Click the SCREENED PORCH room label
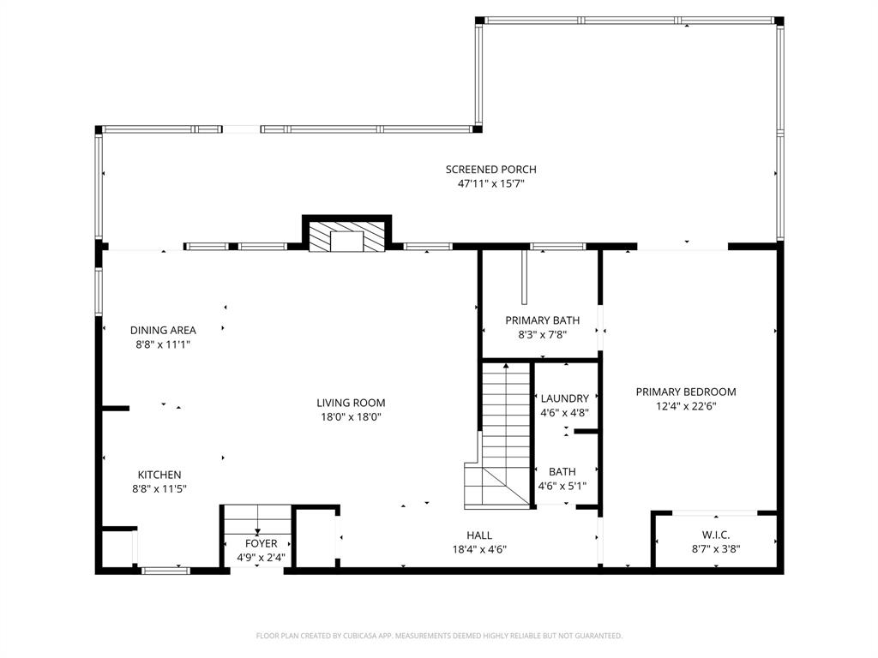[490, 170]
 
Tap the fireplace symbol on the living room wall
[346, 237]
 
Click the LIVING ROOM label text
[351, 403]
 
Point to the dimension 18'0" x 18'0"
[351, 417]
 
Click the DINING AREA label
[163, 330]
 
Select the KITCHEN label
[159, 475]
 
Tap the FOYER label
[261, 543]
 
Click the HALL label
[479, 535]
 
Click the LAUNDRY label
[564, 398]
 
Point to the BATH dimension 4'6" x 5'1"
[562, 486]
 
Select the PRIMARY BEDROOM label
[686, 392]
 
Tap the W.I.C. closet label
[716, 535]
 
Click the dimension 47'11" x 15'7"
[490, 184]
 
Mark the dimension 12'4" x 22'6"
[686, 406]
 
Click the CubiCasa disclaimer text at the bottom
[439, 636]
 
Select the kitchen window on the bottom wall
[165, 570]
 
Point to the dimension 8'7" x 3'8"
[716, 549]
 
